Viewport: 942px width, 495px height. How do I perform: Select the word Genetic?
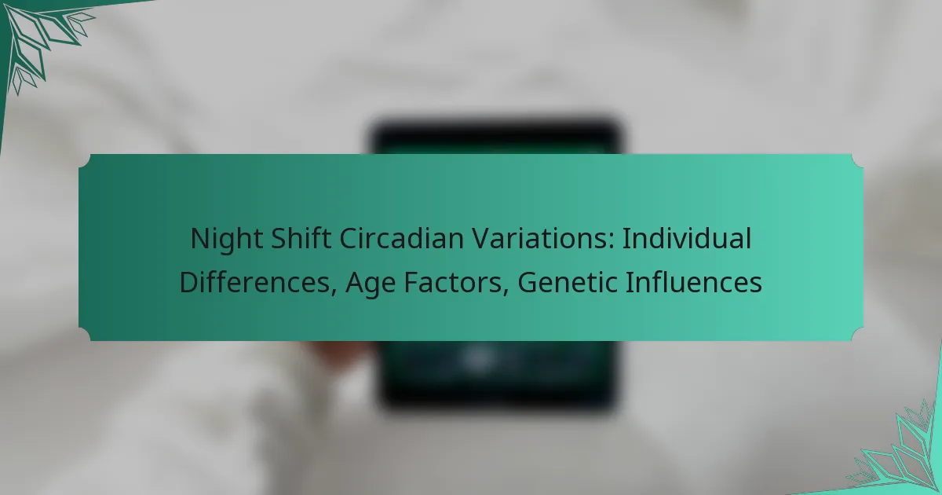point(553,282)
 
